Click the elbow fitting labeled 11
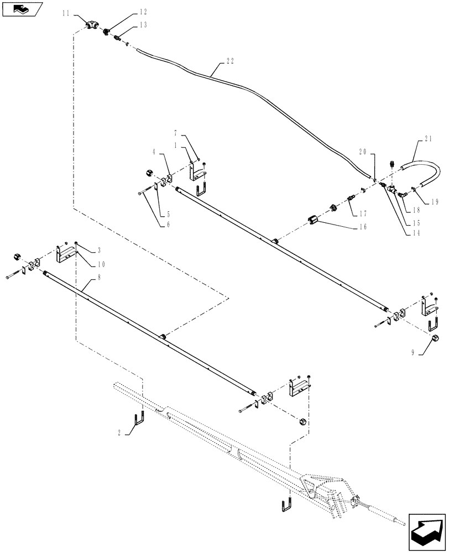coord(93,25)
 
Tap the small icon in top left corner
coord(22,9)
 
